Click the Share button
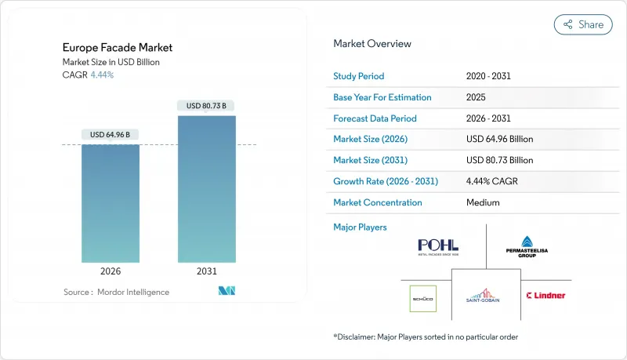[x=583, y=24]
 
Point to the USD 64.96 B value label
[x=111, y=135]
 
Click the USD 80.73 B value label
[x=206, y=106]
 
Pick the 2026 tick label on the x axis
[x=111, y=271]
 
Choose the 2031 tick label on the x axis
[x=206, y=271]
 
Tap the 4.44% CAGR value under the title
[x=101, y=75]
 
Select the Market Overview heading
[x=372, y=44]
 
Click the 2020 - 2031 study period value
[x=488, y=76]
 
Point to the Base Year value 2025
[x=476, y=97]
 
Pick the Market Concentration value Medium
[x=483, y=202]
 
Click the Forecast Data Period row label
[x=375, y=118]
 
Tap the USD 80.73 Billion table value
[x=499, y=160]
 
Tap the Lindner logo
[x=546, y=296]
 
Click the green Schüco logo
[x=423, y=299]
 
